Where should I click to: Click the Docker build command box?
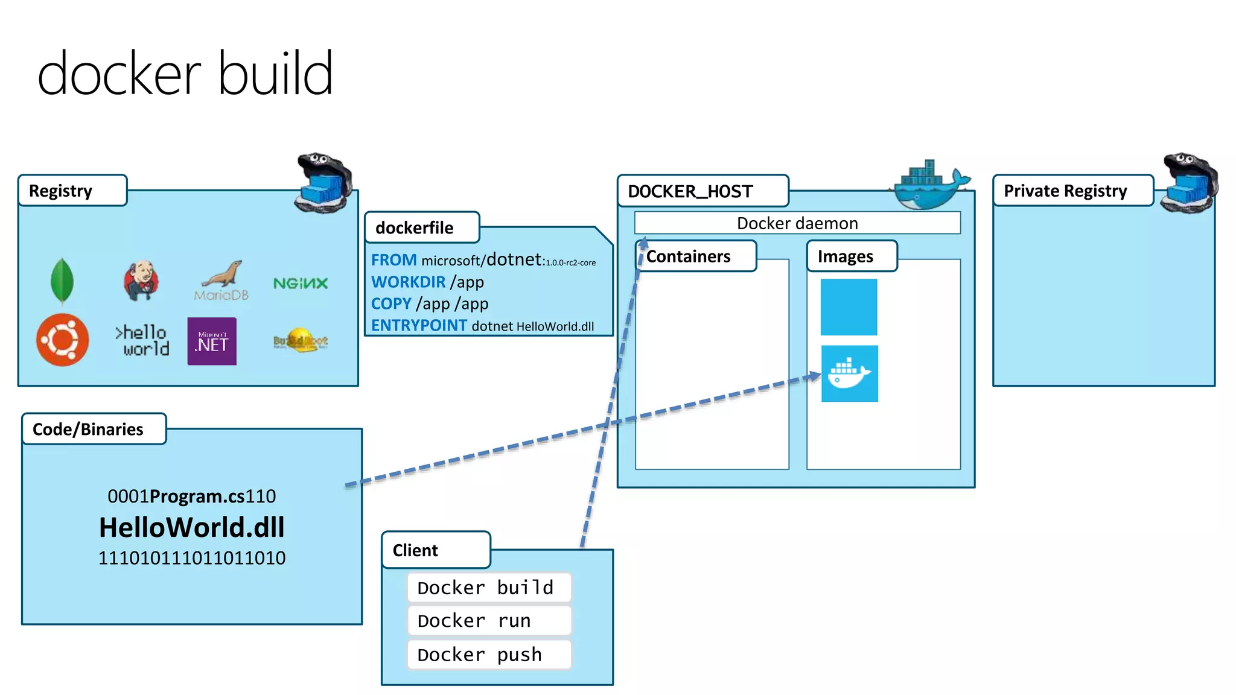coord(489,588)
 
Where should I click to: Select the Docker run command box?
coord(489,621)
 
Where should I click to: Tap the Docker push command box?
coord(489,655)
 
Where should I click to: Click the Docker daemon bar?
coord(797,223)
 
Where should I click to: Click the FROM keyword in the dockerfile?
coord(393,260)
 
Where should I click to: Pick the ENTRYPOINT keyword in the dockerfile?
coord(419,326)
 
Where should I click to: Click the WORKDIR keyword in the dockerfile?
coord(408,282)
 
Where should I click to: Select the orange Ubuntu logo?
coord(62,340)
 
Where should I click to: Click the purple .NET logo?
coord(212,341)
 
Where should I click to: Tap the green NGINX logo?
coord(301,284)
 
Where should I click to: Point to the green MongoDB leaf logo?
coord(62,281)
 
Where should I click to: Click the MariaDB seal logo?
coord(221,281)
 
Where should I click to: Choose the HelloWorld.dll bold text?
coord(192,527)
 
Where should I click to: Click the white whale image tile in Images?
coord(849,373)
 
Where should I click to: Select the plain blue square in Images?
coord(849,307)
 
